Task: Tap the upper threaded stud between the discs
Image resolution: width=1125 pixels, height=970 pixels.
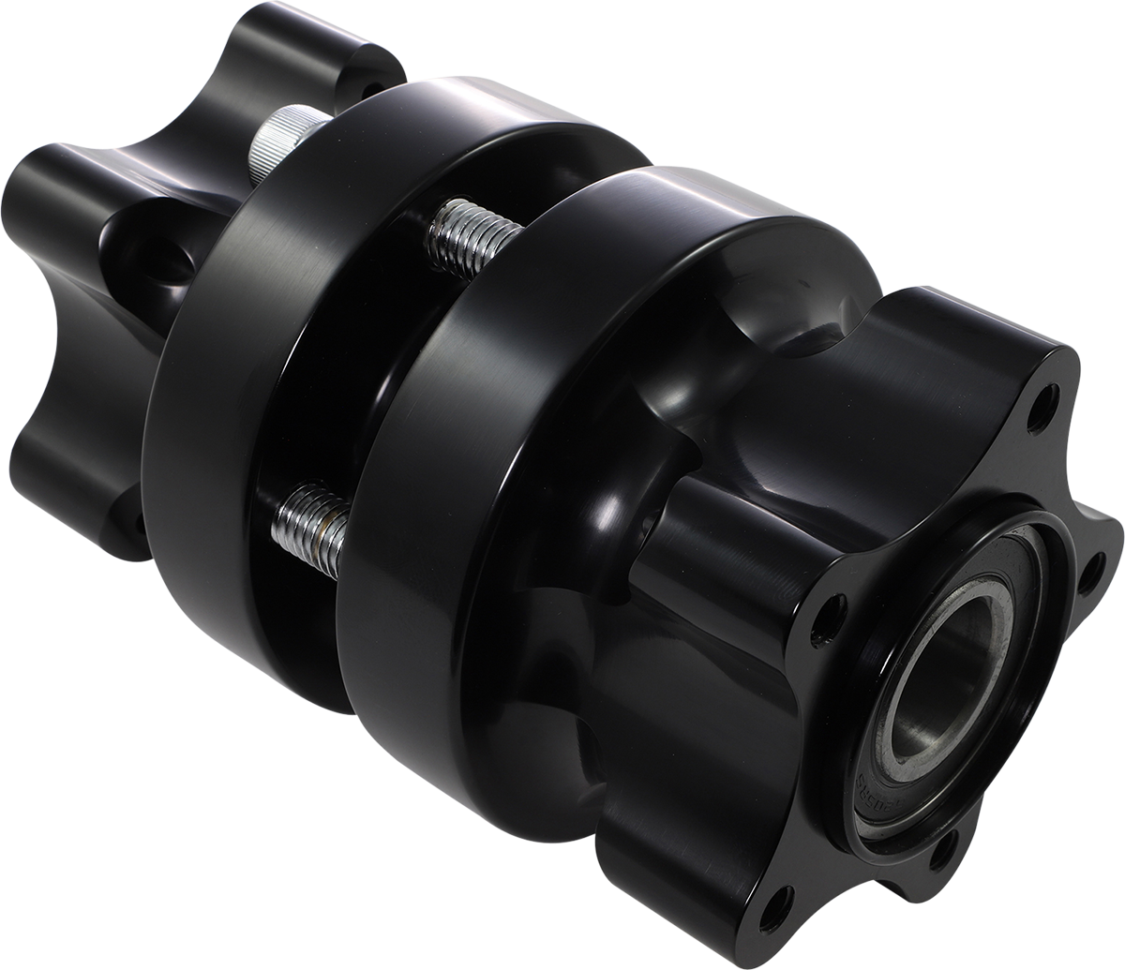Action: (x=469, y=238)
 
